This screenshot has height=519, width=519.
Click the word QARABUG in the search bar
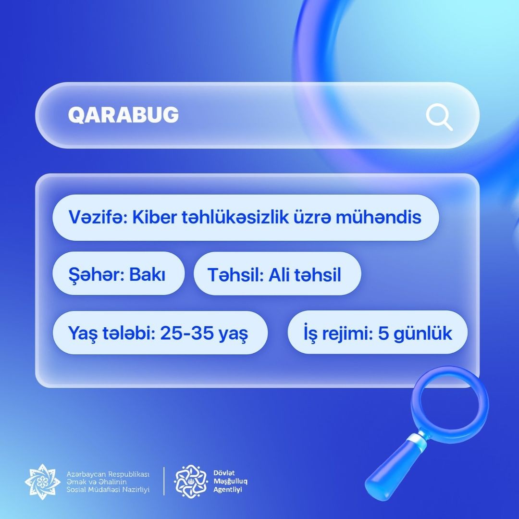click(x=123, y=115)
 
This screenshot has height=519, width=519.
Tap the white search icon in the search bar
click(x=439, y=117)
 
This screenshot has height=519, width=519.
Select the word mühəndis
click(x=378, y=217)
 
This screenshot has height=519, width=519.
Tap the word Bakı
click(x=147, y=274)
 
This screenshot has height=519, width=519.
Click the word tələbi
click(x=129, y=333)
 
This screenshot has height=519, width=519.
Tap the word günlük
click(x=423, y=334)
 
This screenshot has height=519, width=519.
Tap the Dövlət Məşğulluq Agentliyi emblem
click(x=191, y=481)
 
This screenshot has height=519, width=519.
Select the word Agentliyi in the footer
click(x=227, y=490)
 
